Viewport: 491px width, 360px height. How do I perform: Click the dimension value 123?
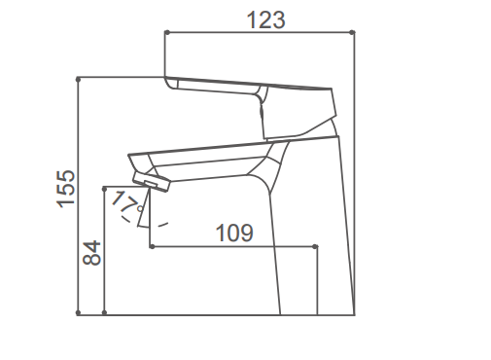coord(266,19)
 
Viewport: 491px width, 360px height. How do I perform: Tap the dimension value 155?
coord(66,189)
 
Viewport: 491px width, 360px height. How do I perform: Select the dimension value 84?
coord(92,253)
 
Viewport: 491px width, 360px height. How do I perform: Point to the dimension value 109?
coord(234,233)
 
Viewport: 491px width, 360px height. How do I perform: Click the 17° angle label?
coord(126,202)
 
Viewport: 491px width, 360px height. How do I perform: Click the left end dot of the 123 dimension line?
coord(167,32)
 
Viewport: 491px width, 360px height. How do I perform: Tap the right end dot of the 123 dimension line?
coord(353,32)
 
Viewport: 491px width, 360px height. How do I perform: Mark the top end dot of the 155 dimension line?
coord(78,79)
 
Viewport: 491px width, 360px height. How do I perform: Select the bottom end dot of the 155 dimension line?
coord(78,312)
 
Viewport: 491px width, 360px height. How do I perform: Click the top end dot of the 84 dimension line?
coord(104,189)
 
